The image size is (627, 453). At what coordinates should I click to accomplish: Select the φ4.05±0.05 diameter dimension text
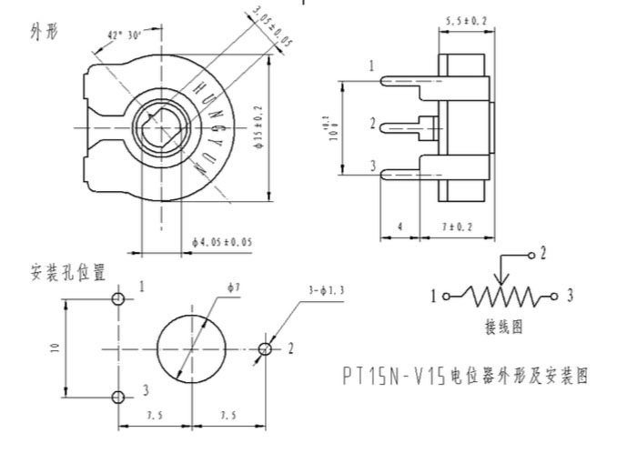[x=223, y=242]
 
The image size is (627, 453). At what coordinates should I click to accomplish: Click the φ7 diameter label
[x=234, y=287]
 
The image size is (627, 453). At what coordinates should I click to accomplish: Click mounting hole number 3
[x=118, y=397]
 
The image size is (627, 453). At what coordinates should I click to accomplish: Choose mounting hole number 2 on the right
[x=265, y=348]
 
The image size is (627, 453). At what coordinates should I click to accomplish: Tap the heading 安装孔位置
[x=68, y=271]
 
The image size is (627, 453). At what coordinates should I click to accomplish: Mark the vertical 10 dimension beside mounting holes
[x=56, y=347]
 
